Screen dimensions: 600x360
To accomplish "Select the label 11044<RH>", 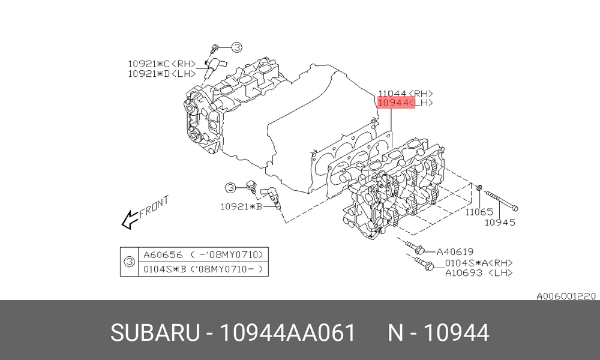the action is click(x=406, y=94).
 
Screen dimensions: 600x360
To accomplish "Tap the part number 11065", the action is click(x=479, y=212).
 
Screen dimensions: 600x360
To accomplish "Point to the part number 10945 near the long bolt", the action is click(x=500, y=222).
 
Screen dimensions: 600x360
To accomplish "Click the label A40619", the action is click(x=455, y=252).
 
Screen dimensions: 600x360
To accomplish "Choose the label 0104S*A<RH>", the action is click(x=479, y=263).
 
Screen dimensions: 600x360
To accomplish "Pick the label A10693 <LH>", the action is click(x=479, y=273).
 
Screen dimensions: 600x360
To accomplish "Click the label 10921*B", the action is click(x=241, y=206).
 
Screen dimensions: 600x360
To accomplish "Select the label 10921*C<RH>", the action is click(x=162, y=64).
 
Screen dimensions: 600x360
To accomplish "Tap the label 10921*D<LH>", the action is click(x=162, y=73).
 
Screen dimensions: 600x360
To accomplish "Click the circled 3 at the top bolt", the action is click(x=237, y=47).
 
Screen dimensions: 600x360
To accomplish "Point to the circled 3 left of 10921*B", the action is click(x=230, y=188).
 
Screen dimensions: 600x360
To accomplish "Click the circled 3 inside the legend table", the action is click(x=130, y=262).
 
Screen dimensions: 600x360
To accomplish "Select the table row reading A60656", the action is click(x=203, y=255).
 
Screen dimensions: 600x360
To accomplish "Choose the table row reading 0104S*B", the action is click(x=203, y=269).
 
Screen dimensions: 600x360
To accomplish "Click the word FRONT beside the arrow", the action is click(x=154, y=207).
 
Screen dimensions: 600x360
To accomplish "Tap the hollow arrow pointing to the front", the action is click(x=130, y=220).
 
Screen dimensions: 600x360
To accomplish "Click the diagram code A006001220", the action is click(x=566, y=296).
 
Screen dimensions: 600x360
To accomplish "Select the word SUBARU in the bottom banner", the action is click(x=155, y=332).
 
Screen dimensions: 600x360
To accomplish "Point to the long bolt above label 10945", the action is click(x=502, y=200).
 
